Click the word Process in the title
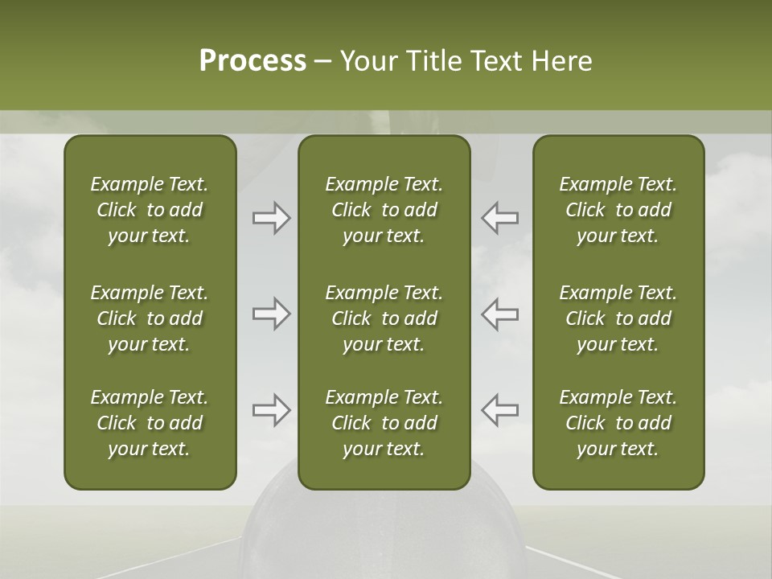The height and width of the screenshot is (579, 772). (x=253, y=61)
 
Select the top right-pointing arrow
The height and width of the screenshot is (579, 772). (x=271, y=218)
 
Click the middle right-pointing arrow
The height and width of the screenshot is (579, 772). (x=271, y=314)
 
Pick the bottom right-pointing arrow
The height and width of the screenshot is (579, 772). (x=271, y=410)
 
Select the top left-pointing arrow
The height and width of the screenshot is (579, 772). (x=500, y=218)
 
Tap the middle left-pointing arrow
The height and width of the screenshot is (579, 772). (x=500, y=314)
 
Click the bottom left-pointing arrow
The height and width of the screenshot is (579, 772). (x=500, y=410)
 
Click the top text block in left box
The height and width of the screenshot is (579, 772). (x=150, y=210)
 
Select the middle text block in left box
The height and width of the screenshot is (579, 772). (x=150, y=318)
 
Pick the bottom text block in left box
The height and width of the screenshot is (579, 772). (x=150, y=423)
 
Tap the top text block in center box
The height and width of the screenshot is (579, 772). (x=384, y=210)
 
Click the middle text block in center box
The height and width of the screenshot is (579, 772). (x=384, y=318)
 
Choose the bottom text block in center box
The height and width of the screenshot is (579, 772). (x=384, y=423)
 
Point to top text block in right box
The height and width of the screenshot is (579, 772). (x=618, y=210)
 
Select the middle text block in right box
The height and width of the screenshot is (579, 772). (x=618, y=318)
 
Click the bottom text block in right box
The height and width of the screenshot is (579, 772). (x=618, y=423)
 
